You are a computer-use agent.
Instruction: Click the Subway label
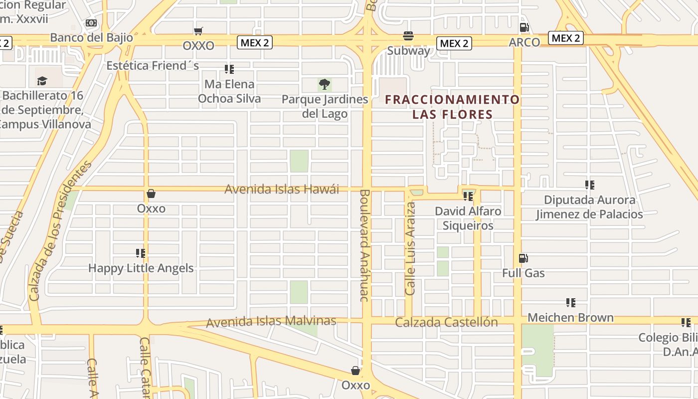pyautogui.click(x=408, y=50)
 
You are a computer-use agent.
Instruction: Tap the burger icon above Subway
pyautogui.click(x=408, y=36)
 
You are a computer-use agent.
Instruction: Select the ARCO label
pyautogui.click(x=524, y=42)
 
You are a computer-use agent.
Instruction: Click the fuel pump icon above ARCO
pyautogui.click(x=524, y=27)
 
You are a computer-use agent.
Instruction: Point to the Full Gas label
pyautogui.click(x=523, y=273)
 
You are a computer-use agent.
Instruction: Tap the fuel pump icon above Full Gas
pyautogui.click(x=523, y=258)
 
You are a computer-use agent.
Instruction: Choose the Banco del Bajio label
pyautogui.click(x=92, y=37)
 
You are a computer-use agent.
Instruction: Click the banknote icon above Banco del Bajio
pyautogui.click(x=91, y=23)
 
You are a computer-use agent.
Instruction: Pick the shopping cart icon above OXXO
pyautogui.click(x=198, y=31)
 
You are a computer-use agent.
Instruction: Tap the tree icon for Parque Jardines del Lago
pyautogui.click(x=325, y=84)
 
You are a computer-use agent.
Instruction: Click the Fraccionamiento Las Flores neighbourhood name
pyautogui.click(x=452, y=107)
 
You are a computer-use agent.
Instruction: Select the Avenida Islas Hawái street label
pyautogui.click(x=282, y=189)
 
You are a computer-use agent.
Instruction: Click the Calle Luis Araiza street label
pyautogui.click(x=410, y=248)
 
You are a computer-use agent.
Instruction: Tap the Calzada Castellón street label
pyautogui.click(x=446, y=322)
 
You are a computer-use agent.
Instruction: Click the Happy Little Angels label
pyautogui.click(x=141, y=268)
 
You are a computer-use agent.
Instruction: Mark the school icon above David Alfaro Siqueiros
pyautogui.click(x=468, y=197)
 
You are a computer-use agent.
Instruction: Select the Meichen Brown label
pyautogui.click(x=570, y=317)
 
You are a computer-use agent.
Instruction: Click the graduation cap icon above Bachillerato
pyautogui.click(x=42, y=81)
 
